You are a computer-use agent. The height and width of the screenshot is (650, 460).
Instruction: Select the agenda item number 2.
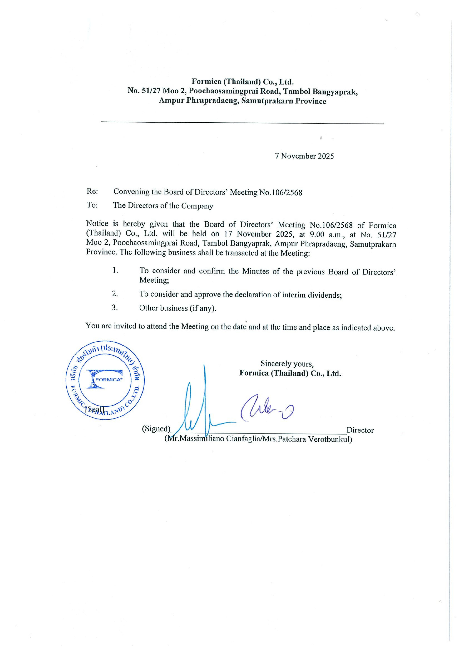(x=115, y=294)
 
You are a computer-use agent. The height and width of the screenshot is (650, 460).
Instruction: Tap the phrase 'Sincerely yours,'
(x=287, y=364)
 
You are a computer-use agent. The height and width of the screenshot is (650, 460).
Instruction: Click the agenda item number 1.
(x=115, y=270)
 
